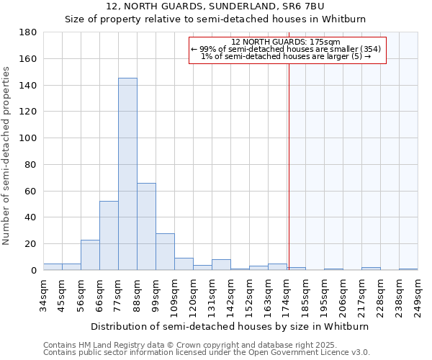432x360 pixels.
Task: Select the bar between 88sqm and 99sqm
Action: [146, 227]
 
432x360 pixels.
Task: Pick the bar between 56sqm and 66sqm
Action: [90, 255]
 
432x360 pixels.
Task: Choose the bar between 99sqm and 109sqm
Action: [165, 252]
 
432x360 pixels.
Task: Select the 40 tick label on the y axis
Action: [31, 217]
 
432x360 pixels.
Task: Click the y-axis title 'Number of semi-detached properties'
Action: [6, 156]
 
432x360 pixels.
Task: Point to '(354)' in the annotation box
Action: [366, 49]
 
